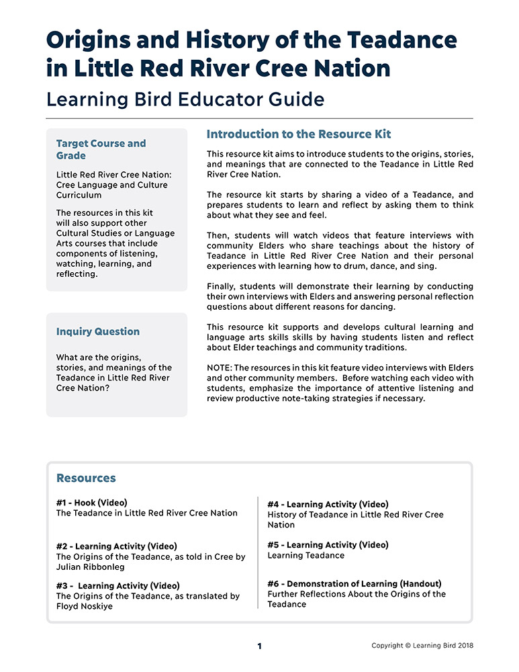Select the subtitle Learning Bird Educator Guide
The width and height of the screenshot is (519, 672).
185,99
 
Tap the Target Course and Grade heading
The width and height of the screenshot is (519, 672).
101,149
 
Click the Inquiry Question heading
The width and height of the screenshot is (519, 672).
98,331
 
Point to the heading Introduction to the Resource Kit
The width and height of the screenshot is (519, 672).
299,134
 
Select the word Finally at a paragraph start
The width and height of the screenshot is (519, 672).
223,286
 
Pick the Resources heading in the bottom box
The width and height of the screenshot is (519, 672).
86,478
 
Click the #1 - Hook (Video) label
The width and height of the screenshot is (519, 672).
92,502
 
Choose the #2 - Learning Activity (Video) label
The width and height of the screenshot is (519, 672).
117,546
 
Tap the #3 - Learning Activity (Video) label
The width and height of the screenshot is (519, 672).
118,585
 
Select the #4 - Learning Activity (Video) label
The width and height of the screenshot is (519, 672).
328,504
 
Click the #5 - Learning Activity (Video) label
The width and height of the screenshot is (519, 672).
328,544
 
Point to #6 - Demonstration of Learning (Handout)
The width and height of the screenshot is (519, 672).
355,583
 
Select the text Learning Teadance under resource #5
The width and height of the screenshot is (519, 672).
306,556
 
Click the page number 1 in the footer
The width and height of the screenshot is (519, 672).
260,646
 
